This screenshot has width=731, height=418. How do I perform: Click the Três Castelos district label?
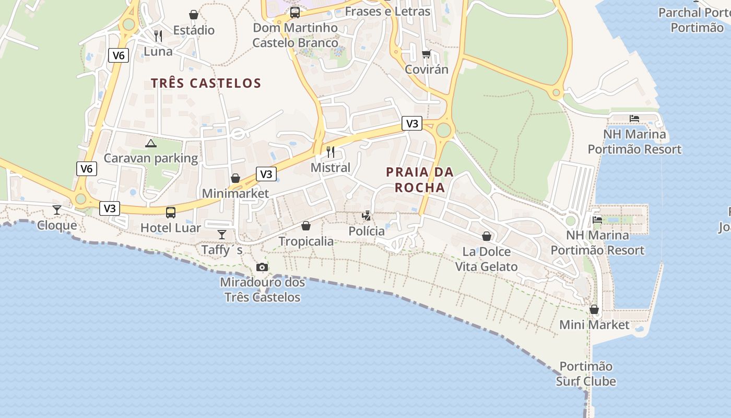tap(206, 83)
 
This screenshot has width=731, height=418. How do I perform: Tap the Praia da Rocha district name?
tap(420, 179)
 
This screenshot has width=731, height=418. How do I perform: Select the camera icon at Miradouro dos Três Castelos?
tap(262, 268)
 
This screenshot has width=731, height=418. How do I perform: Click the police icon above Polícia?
tap(367, 215)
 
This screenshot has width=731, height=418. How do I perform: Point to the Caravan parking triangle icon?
tap(151, 143)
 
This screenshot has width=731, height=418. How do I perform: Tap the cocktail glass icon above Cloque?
tap(57, 210)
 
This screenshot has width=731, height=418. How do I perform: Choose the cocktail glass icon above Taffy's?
tap(222, 234)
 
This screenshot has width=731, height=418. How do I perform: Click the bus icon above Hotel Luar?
tap(171, 212)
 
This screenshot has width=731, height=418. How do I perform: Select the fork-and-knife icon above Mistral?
tap(331, 152)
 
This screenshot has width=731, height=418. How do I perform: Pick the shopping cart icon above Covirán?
tap(427, 54)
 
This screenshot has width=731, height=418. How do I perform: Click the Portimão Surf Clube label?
tap(586, 374)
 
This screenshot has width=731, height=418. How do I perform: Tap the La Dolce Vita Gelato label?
tap(486, 259)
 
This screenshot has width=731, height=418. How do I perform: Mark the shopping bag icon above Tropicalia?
tap(306, 226)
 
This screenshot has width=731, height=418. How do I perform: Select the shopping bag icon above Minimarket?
tap(235, 178)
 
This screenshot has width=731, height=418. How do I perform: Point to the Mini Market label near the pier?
tap(594, 325)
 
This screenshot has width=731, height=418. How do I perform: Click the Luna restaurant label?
tap(158, 51)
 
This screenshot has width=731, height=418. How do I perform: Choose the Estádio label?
tap(194, 30)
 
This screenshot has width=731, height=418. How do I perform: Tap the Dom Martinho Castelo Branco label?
tap(295, 35)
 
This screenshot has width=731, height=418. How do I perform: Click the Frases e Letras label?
tap(387, 11)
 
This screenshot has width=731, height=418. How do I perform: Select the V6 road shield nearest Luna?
tap(119, 55)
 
